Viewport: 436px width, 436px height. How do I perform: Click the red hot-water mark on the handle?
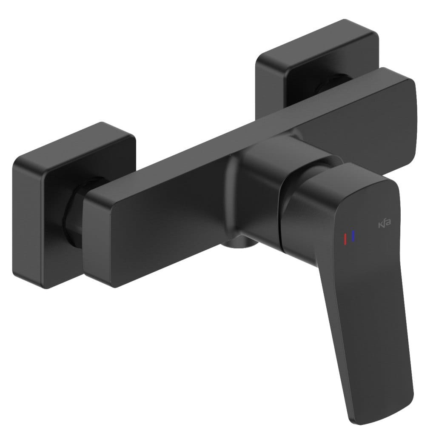pyautogui.click(x=345, y=239)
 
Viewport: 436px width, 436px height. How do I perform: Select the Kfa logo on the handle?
pyautogui.click(x=385, y=223)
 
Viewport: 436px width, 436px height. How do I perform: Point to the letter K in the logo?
pyautogui.click(x=380, y=225)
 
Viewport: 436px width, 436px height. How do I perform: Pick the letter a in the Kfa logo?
pyautogui.click(x=388, y=223)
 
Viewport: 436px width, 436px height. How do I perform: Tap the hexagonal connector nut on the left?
pyautogui.click(x=73, y=214)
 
